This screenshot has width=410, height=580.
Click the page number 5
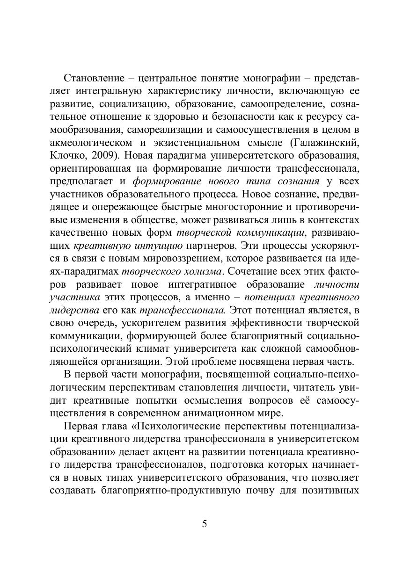click(x=205, y=523)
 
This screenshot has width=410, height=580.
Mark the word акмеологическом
click(x=90, y=142)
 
